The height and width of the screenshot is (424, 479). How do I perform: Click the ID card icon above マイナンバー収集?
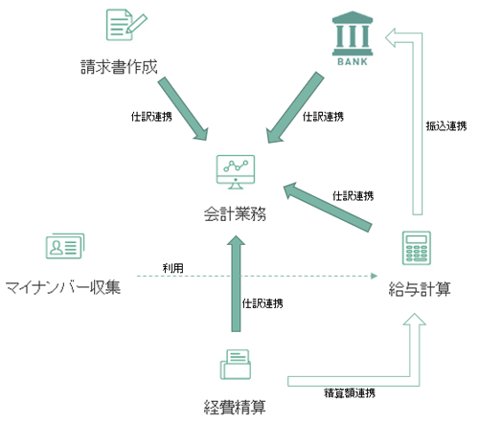coord(62,248)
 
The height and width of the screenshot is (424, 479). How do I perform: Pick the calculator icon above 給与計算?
coord(415,252)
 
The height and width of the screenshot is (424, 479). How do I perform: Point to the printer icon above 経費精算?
coord(235,366)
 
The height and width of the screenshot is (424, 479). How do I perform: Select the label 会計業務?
coord(235,212)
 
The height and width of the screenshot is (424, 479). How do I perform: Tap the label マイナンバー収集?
coord(62,286)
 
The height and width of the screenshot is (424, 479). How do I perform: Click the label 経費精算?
coord(235,405)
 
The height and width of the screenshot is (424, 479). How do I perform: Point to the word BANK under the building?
coord(352,64)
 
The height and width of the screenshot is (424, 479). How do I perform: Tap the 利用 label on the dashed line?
coord(172,268)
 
